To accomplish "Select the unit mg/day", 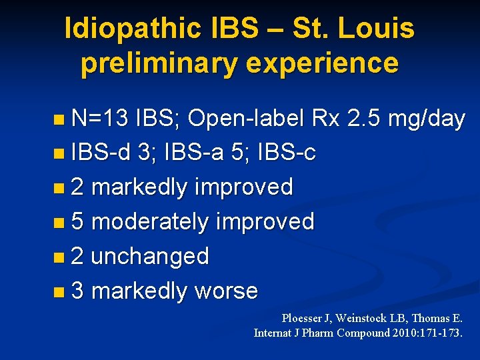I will coord(426,119).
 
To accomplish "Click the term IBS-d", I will coord(101,153).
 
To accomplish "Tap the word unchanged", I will coord(149,256).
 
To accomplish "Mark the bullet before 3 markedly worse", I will coord(60,291).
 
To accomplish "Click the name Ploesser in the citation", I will coord(304,319).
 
